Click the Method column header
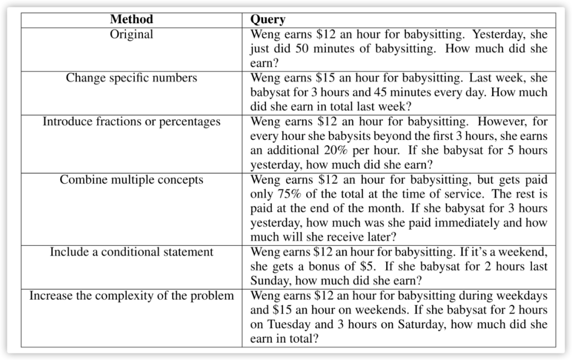131,20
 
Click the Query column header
267,20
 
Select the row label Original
131,34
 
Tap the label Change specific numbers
131,78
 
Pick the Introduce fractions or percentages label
131,122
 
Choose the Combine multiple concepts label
131,179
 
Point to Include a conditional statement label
131,252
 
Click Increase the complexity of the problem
131,295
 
